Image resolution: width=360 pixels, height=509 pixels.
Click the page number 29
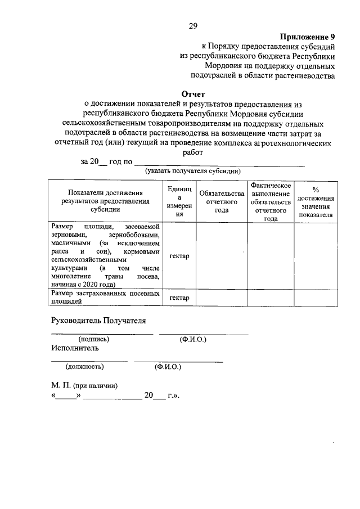(192, 26)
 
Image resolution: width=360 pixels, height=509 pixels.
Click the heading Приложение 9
(308, 37)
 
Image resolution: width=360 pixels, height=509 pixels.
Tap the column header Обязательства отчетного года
(222, 201)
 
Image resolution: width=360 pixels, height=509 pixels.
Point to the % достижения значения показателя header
(316, 201)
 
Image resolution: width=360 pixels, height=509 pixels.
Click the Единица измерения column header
(179, 201)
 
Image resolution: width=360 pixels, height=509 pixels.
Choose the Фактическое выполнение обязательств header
(271, 201)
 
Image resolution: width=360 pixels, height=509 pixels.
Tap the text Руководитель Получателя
(98, 321)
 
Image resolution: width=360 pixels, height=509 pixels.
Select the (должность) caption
(84, 366)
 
